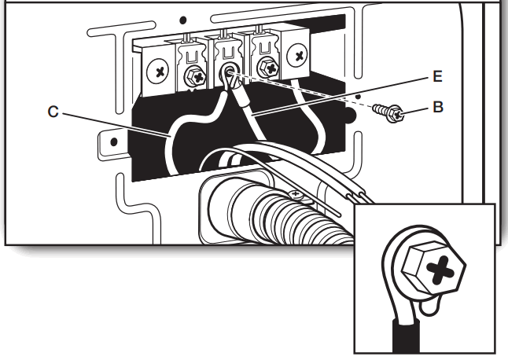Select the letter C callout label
tap(53, 112)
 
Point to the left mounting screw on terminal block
tap(160, 71)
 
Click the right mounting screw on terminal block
tap(300, 56)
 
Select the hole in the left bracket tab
tap(115, 143)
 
